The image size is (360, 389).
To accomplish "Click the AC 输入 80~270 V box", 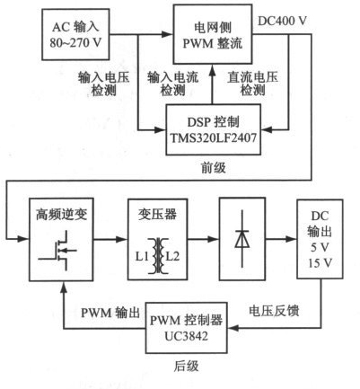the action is pyautogui.click(x=75, y=34).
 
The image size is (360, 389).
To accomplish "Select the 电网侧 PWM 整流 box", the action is pyautogui.click(x=213, y=34).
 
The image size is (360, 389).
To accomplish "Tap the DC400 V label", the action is pyautogui.click(x=282, y=21).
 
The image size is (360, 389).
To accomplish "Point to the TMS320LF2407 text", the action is pyautogui.click(x=214, y=138).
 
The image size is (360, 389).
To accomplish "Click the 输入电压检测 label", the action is pyautogui.click(x=103, y=84).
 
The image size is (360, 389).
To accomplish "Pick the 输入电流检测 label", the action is pyautogui.click(x=172, y=84).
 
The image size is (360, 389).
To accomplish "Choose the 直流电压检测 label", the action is pyautogui.click(x=253, y=84).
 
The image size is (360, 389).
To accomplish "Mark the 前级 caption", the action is pyautogui.click(x=213, y=168).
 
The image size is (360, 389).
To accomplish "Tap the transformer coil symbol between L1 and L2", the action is pyautogui.click(x=157, y=255).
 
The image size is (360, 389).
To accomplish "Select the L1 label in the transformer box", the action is pyautogui.click(x=143, y=256).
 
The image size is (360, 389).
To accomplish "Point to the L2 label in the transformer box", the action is pyautogui.click(x=172, y=256).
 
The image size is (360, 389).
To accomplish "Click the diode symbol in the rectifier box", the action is pyautogui.click(x=242, y=239).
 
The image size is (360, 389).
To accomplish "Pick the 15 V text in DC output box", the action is pyautogui.click(x=320, y=263).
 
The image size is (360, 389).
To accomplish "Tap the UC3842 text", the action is pyautogui.click(x=186, y=336).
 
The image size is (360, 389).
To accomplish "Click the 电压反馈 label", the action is pyautogui.click(x=274, y=311).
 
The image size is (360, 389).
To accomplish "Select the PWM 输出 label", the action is pyautogui.click(x=110, y=313).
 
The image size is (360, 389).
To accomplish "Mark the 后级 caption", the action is pyautogui.click(x=186, y=366).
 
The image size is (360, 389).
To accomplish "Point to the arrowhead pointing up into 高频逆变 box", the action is pyautogui.click(x=63, y=287).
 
